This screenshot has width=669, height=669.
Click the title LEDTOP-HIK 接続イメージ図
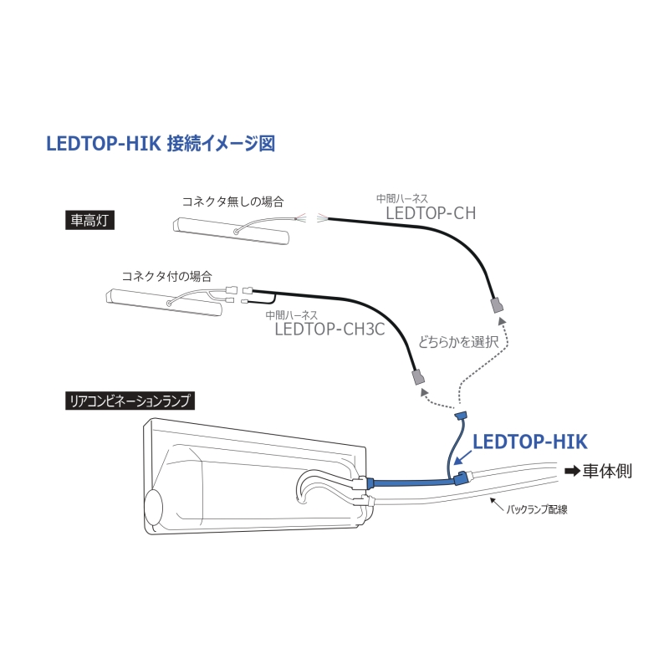[161, 143]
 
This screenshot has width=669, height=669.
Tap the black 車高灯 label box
[89, 221]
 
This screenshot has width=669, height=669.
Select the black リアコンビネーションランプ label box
[130, 401]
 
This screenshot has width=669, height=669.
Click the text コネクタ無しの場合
[233, 202]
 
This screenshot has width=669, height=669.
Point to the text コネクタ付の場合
[166, 276]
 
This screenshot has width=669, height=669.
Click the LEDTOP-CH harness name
[431, 213]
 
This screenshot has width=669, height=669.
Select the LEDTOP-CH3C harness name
[329, 329]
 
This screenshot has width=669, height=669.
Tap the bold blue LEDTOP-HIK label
[530, 442]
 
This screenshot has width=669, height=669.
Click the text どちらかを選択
[458, 342]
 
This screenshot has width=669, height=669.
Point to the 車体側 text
[607, 471]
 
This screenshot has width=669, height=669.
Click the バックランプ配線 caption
[537, 509]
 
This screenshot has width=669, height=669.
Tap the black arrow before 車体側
[572, 471]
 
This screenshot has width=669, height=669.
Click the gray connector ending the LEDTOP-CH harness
[497, 305]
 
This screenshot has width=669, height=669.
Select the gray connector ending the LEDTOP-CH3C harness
[417, 377]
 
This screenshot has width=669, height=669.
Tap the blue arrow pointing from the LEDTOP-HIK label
[463, 457]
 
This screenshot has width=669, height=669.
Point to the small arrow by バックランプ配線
[497, 504]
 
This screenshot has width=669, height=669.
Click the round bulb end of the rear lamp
[153, 508]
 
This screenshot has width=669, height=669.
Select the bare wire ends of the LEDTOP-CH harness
[322, 218]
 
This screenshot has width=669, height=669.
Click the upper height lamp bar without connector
[232, 231]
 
